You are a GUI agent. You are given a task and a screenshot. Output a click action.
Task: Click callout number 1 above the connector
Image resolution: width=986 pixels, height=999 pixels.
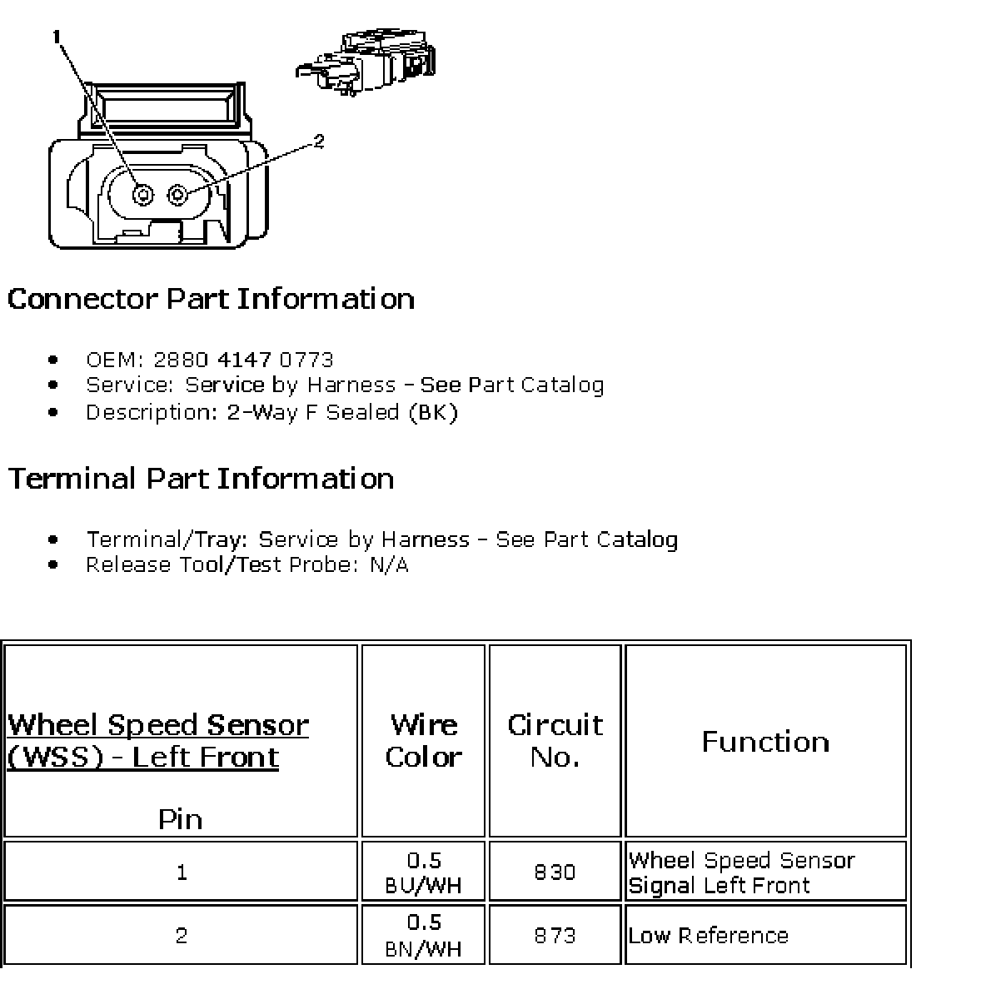[57, 36]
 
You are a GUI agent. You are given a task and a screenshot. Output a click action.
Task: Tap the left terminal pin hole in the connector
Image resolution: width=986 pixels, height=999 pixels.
[144, 195]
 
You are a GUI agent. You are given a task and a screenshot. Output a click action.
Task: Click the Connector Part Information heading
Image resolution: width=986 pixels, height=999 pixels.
[211, 299]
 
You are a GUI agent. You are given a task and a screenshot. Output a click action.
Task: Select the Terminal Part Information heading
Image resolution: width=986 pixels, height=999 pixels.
[201, 479]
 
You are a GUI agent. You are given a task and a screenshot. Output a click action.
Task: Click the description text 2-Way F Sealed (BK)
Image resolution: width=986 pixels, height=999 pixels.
[342, 412]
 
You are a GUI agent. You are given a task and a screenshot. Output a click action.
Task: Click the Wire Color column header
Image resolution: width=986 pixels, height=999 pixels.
[423, 740]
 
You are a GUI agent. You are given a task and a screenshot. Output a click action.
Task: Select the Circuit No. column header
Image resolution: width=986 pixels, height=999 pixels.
[555, 740]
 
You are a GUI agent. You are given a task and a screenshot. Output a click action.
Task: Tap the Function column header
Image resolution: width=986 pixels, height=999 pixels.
[765, 741]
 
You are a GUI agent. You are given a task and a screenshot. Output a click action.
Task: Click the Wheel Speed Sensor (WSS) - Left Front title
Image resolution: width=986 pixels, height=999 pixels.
[157, 740]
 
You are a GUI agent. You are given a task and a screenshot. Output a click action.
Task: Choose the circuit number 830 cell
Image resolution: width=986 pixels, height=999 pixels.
[555, 872]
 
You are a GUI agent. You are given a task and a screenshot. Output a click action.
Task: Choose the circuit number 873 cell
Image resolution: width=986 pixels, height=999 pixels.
[555, 935]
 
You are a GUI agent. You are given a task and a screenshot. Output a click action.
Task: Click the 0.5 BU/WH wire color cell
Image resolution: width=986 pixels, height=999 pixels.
[423, 872]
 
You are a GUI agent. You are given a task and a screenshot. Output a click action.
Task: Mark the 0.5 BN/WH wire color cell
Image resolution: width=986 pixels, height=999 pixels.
[423, 935]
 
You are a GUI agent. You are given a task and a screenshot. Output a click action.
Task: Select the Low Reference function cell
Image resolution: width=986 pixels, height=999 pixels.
[708, 935]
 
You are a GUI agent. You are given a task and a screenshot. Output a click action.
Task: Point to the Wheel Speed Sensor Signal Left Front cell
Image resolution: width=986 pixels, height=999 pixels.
[741, 872]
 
